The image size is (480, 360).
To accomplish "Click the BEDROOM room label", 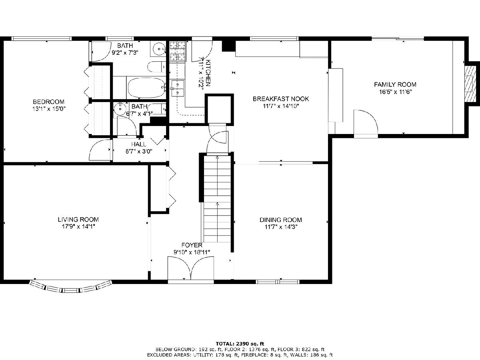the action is coord(48,102).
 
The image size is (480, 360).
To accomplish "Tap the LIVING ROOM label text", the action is coord(78,220).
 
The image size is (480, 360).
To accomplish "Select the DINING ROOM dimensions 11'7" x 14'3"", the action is coord(281,227).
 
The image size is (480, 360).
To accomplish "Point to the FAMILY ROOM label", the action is coord(395,84).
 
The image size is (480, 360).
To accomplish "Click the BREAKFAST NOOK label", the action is coord(281,99).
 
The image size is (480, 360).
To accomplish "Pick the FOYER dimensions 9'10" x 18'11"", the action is coord(192,252).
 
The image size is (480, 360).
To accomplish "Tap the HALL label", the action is coord(139,144).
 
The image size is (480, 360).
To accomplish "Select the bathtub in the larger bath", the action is coord(146,88).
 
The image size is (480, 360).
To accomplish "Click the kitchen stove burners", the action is coord(178,51).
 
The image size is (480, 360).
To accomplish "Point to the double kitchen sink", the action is coord(178,88).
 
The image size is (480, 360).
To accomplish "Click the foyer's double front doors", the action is coord(191,268).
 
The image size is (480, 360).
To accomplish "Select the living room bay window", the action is coord(71,286).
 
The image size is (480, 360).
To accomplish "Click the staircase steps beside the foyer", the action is coord(217,199).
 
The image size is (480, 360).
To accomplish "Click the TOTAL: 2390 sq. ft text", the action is coord(240,344).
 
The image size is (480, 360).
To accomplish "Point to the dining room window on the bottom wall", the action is coord(278,282).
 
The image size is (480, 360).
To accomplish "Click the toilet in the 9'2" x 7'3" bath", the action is coord(156,67).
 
